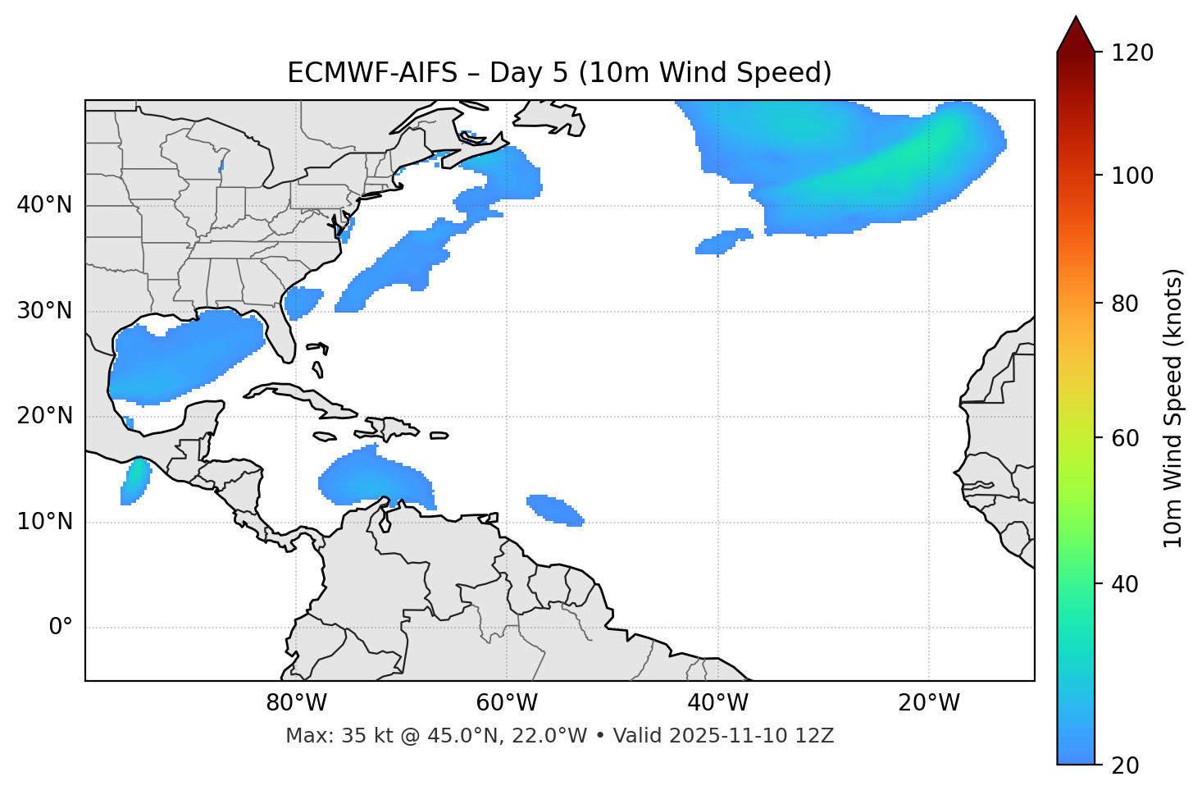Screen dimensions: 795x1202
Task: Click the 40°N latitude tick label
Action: (44, 205)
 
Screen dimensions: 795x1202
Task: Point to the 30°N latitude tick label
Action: (44, 311)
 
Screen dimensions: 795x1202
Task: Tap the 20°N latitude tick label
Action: (44, 416)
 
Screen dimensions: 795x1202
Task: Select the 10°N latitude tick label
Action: (44, 522)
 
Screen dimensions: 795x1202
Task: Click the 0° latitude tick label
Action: (61, 628)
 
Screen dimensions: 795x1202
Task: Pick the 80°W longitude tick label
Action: (296, 703)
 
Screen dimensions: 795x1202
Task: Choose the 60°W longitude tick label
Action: (507, 703)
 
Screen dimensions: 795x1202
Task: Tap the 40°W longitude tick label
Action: (717, 703)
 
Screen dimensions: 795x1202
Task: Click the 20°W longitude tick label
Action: (929, 703)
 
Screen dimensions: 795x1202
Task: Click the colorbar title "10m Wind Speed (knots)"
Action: (1173, 408)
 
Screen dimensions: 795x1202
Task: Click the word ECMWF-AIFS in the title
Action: (372, 73)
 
